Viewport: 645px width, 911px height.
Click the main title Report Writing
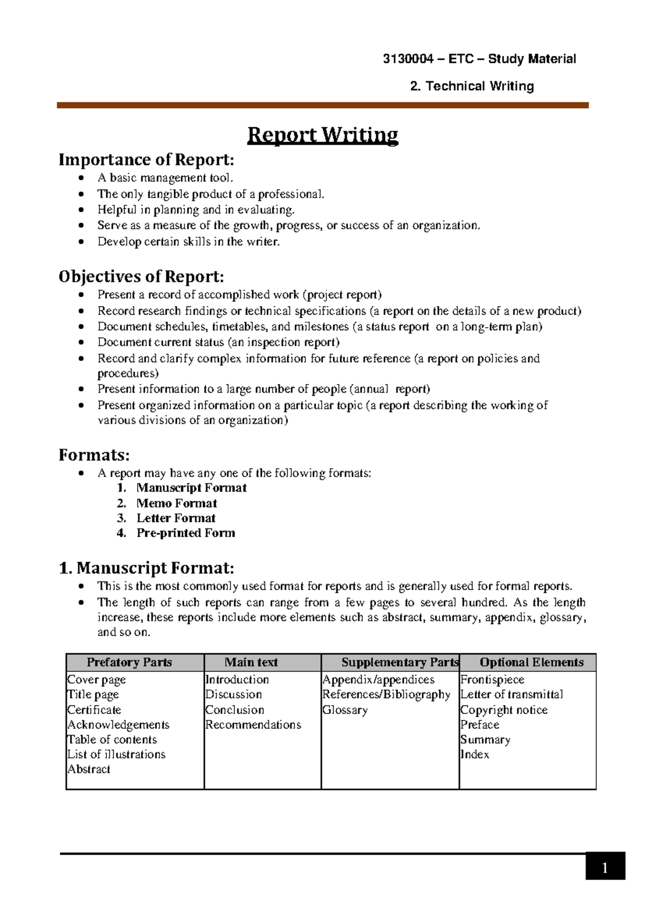322,135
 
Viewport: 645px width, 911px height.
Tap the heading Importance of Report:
146,160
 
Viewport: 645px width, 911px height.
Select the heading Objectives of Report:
141,277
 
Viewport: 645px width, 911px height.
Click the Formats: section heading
94,455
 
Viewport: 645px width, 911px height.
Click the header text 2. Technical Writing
471,86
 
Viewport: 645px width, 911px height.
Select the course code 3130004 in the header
407,59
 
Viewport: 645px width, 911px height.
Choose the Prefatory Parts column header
129,662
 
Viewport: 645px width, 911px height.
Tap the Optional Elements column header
531,662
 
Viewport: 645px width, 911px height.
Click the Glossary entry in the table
345,710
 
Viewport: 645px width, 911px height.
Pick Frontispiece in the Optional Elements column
492,679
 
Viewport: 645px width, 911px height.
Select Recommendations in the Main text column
253,725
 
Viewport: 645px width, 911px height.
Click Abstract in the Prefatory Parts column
89,769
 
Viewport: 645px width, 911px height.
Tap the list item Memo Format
176,503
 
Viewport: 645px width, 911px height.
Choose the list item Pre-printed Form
185,533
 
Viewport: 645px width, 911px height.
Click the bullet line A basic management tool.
166,178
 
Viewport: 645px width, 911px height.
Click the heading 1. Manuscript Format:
146,568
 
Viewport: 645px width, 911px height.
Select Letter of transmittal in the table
512,695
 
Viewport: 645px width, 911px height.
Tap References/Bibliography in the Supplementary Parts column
386,695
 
